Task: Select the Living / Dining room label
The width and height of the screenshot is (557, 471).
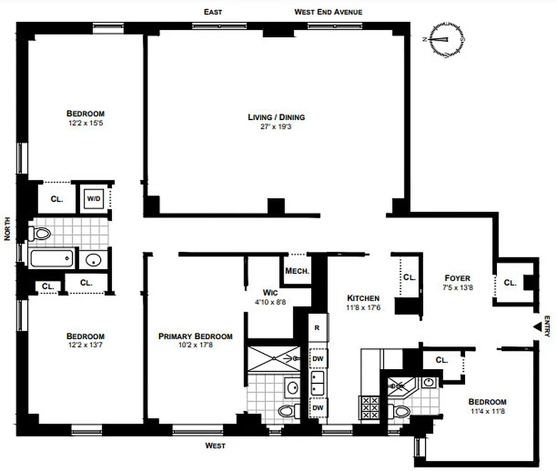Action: [276, 117]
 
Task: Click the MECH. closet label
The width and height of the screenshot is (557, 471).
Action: [297, 271]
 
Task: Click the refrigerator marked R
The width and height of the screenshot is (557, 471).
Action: [317, 328]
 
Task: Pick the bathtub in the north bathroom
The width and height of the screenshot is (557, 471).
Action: [52, 259]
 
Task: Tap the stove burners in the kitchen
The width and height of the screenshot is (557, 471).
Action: [369, 407]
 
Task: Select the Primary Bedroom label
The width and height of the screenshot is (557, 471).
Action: [195, 336]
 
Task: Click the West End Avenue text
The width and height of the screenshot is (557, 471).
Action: [328, 12]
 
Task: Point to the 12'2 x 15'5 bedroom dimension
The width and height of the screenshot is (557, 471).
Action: [85, 123]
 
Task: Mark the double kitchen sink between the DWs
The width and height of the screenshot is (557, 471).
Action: [318, 383]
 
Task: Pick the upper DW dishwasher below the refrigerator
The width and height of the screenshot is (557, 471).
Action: [318, 358]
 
